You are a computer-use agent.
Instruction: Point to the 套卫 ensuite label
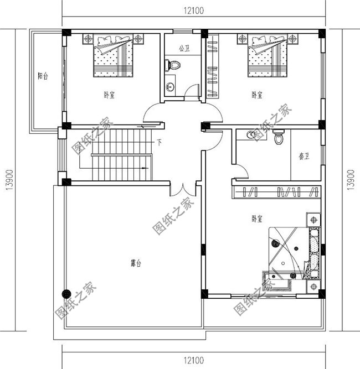point(304,156)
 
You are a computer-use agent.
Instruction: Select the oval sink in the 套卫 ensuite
point(253,134)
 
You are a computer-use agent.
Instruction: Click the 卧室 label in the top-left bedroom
point(109,95)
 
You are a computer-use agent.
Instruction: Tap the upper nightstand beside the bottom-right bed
point(314,220)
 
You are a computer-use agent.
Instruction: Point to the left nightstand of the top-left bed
point(89,38)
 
